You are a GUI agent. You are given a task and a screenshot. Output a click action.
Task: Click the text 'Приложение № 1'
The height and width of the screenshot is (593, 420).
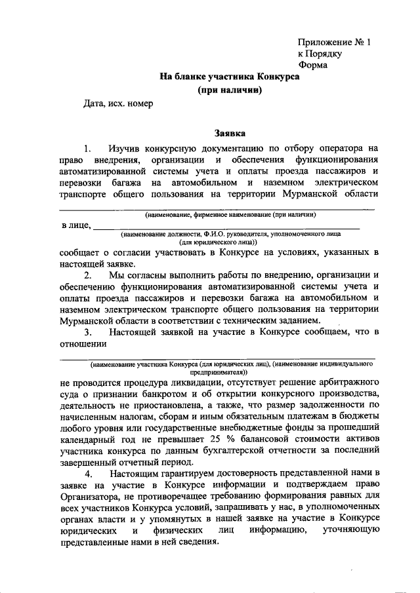[x=334, y=43]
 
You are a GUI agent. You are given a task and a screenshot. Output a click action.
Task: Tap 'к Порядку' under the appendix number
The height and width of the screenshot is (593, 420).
[x=320, y=54]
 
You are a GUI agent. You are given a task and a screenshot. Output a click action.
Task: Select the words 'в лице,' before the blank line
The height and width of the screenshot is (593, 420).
[x=75, y=226]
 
